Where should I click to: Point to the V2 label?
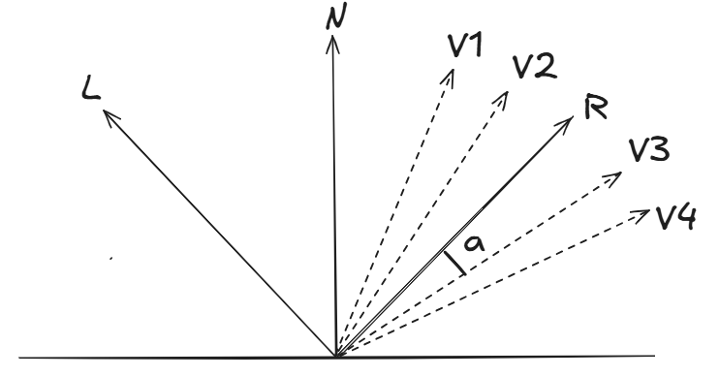(534, 68)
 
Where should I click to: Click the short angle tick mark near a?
(454, 263)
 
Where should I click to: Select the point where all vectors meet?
(335, 356)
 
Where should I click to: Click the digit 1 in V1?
(480, 49)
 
